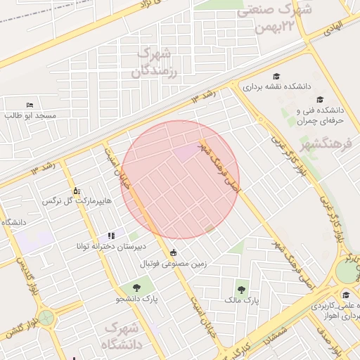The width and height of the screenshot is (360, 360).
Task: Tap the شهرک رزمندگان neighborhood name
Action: click(155, 62)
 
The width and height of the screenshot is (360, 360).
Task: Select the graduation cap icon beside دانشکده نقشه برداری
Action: click(276, 76)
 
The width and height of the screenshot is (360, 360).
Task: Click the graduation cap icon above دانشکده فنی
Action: click(320, 100)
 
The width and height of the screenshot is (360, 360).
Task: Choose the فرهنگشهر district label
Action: click(330, 147)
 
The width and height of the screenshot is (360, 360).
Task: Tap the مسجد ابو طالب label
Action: click(32, 115)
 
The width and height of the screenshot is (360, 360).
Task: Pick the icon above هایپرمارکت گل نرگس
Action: click(77, 191)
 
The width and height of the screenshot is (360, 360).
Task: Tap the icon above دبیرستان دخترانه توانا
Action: click(111, 236)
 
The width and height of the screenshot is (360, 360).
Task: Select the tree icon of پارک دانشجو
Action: click(136, 287)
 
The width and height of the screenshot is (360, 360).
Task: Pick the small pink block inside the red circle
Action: click(187, 152)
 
